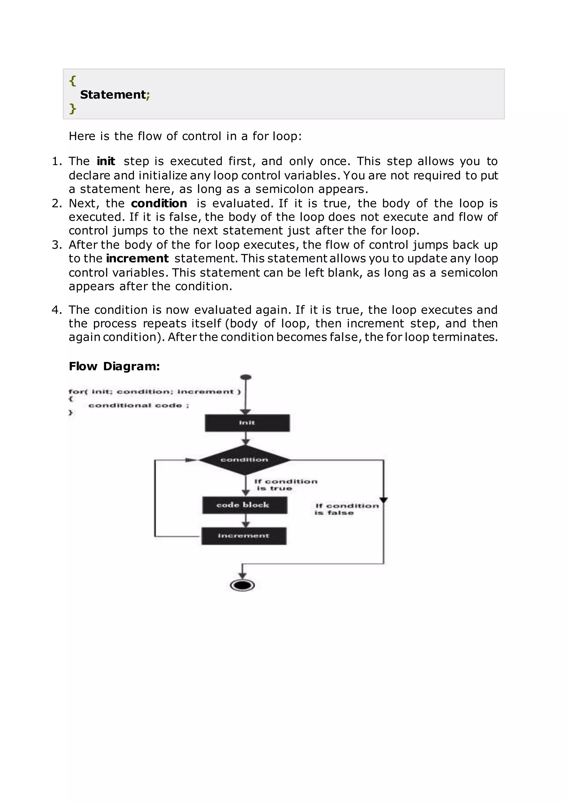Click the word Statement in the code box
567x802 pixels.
[113, 95]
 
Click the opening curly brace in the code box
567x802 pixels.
[72, 81]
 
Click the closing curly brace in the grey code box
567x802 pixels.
[72, 109]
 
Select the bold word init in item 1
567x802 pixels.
[106, 161]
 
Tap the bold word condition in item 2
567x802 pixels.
[159, 203]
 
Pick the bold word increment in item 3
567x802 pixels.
[137, 258]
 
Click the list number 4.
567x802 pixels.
[56, 310]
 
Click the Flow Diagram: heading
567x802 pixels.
[114, 366]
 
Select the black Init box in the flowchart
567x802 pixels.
[247, 423]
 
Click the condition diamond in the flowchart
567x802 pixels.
[244, 460]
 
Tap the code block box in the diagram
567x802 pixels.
[244, 505]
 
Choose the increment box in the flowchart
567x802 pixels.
[244, 536]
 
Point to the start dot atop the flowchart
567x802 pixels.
[246, 377]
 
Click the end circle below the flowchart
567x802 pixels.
[242, 585]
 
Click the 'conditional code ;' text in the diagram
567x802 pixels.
[139, 405]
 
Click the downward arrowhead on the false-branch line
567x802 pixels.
[383, 500]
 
